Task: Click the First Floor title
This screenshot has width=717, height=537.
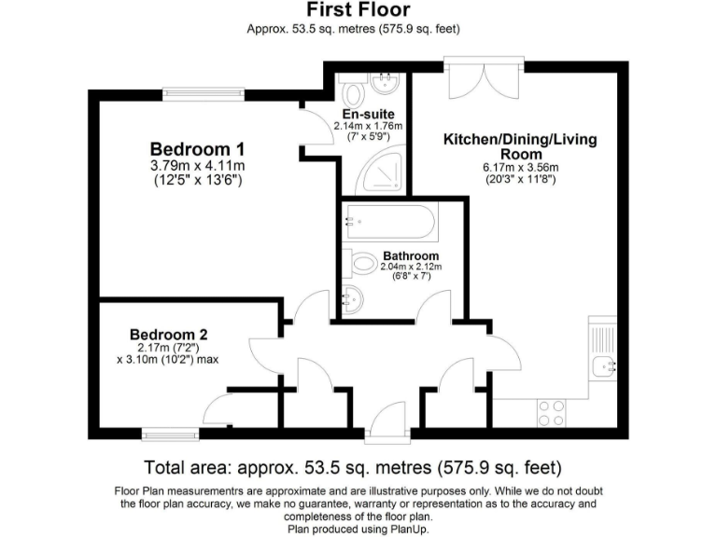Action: click(x=358, y=10)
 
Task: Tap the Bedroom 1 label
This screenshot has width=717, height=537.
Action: click(x=197, y=149)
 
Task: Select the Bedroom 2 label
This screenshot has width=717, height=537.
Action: click(x=168, y=335)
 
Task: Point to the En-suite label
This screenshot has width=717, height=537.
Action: click(x=371, y=114)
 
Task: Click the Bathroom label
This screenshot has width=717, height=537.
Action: click(x=411, y=255)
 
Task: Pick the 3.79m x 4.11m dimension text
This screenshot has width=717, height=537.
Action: click(x=197, y=166)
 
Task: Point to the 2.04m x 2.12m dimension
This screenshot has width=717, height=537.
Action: click(x=411, y=268)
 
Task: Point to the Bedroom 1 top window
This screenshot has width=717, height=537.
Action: click(x=204, y=91)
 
